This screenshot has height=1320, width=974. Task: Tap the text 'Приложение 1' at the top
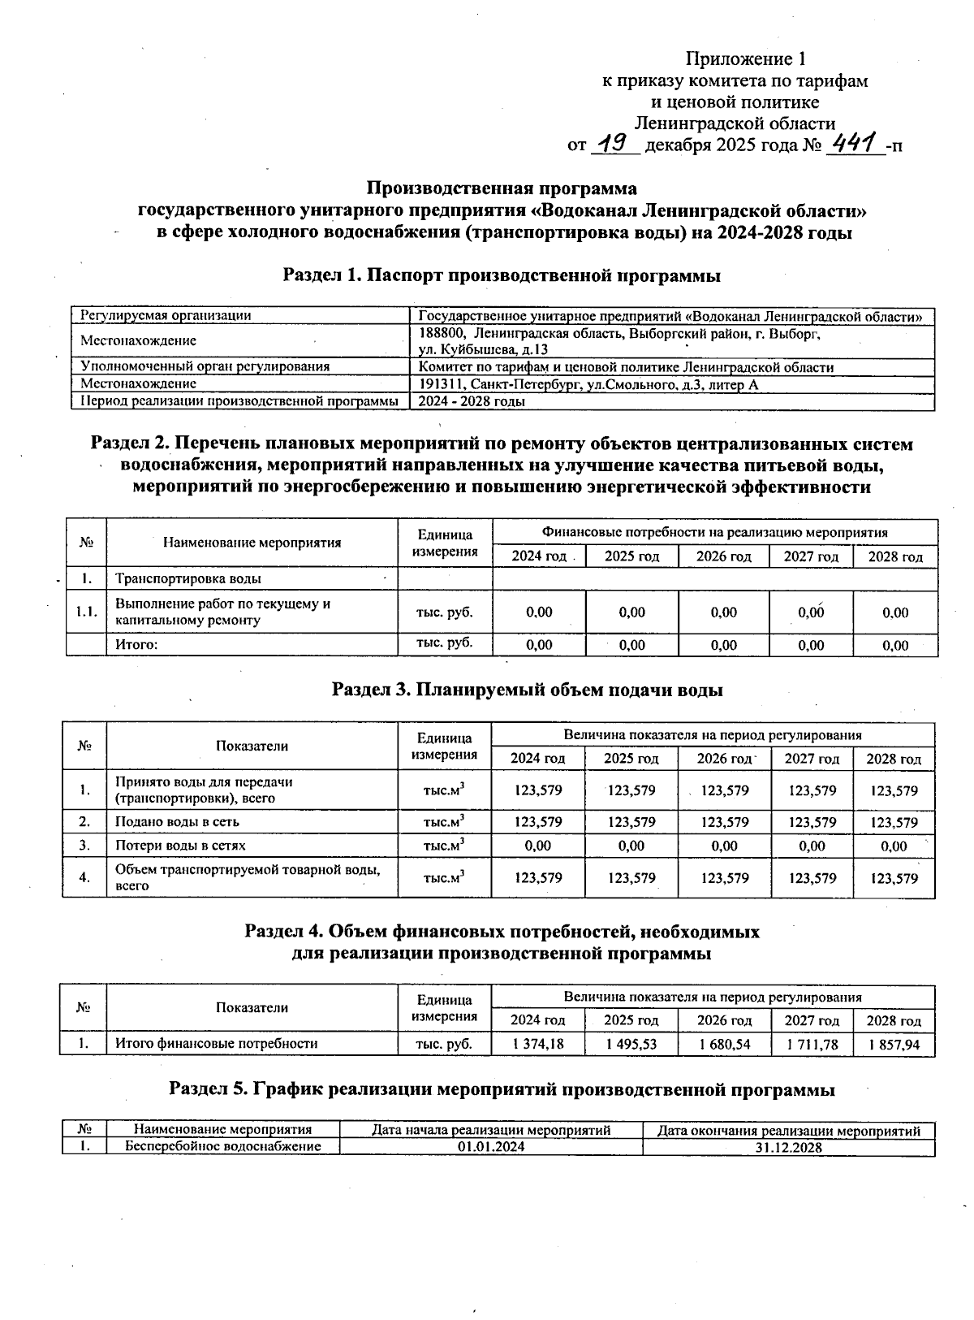[x=746, y=58]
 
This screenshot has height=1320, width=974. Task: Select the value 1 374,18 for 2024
[x=538, y=1044]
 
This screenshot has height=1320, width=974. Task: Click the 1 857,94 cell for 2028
[x=894, y=1044]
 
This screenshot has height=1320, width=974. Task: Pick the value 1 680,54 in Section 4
[x=724, y=1044]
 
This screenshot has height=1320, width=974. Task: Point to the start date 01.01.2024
[x=490, y=1147]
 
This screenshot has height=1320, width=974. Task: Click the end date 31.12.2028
[x=788, y=1147]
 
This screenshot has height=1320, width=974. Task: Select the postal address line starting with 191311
[x=588, y=384]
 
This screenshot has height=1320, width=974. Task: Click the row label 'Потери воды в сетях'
[x=180, y=846]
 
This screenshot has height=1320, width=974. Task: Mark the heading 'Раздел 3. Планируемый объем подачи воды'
[x=528, y=690]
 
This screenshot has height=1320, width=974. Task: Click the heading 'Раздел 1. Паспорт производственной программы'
[x=502, y=275]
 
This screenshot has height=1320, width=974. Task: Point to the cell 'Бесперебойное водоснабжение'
[x=222, y=1147]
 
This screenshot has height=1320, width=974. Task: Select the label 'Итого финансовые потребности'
[x=216, y=1044]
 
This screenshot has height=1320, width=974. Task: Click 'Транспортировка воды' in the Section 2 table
[x=188, y=579]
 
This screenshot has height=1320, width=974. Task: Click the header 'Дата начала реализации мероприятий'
[x=490, y=1130]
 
